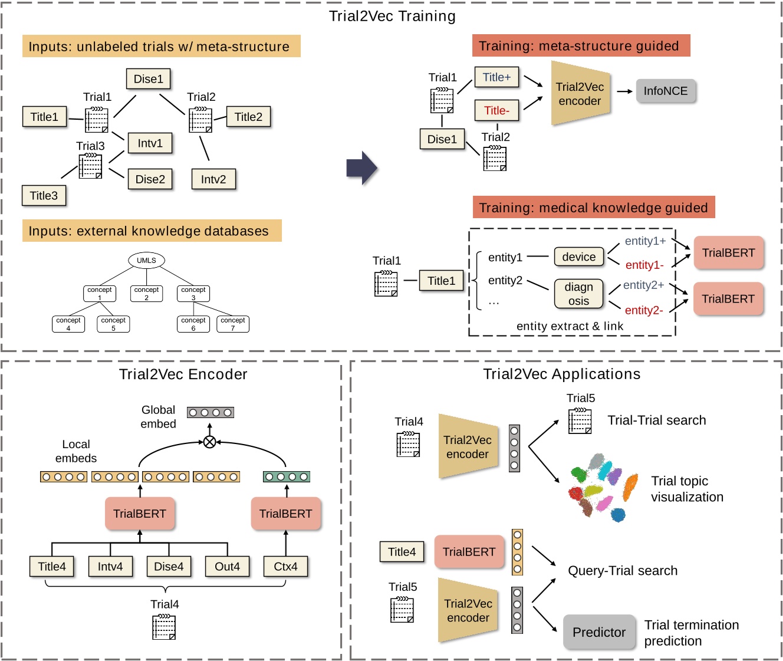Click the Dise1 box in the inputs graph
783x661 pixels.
[148, 79]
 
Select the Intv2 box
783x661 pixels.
[213, 179]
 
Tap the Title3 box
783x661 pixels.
[44, 196]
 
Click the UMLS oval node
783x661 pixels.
[146, 260]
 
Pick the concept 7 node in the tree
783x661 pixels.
[233, 324]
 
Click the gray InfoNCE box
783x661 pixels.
[666, 91]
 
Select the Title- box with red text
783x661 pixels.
[496, 110]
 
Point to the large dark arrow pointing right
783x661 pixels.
[361, 168]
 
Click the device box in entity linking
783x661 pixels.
[579, 256]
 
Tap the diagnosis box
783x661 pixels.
[579, 294]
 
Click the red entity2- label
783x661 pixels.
[644, 310]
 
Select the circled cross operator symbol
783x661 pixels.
[209, 442]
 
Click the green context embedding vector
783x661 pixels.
[287, 476]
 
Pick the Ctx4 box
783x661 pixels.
[285, 567]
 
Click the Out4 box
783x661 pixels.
[227, 567]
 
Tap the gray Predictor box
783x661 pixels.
[599, 632]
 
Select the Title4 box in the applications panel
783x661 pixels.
[402, 552]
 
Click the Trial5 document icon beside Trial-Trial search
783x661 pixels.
[580, 421]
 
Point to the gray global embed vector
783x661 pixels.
[210, 412]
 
